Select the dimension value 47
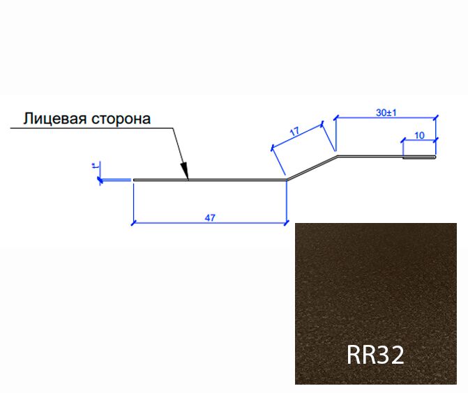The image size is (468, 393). point(209,217)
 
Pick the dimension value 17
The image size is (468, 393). point(295,130)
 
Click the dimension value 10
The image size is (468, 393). point(420,136)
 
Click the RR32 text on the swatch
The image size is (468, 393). point(375,355)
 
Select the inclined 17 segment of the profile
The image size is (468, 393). point(312,168)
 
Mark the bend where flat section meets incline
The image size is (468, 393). point(287,180)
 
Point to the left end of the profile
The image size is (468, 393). point(134,180)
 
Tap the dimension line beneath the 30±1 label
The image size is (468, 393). point(386,117)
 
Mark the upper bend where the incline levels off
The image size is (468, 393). point(338,157)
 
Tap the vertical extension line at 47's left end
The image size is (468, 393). point(132,202)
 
